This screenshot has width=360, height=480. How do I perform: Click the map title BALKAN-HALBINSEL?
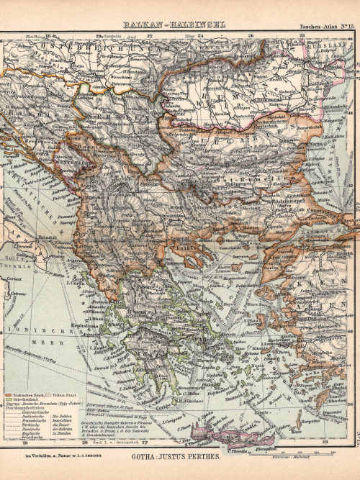[x=174, y=24]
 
